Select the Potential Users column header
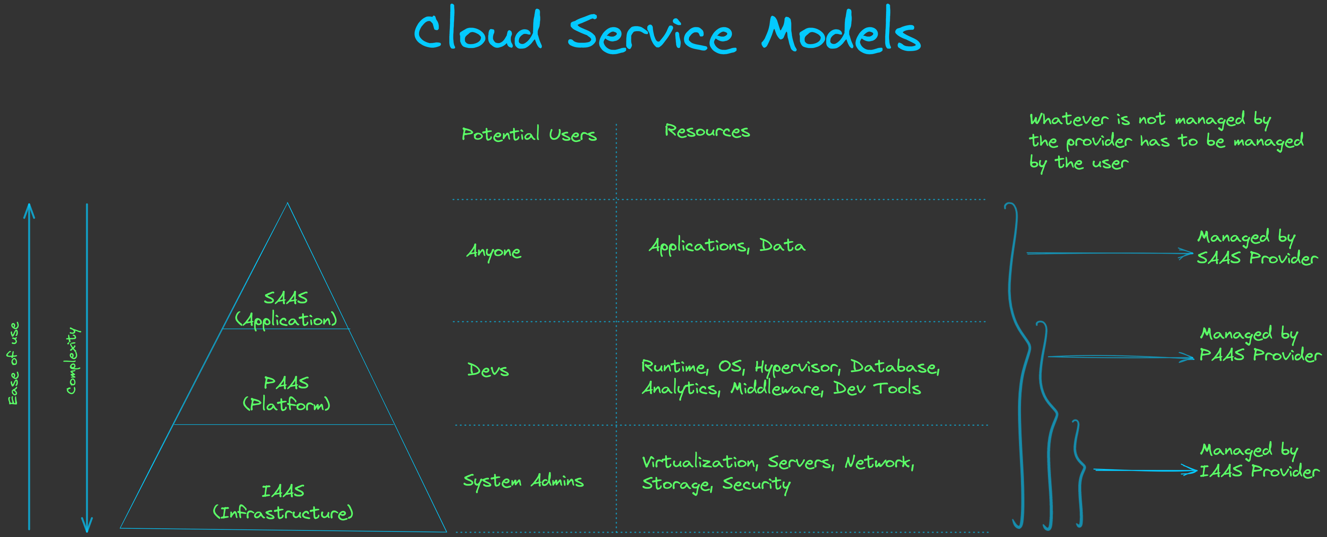[x=529, y=134]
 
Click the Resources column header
[x=707, y=131]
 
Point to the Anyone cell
[x=493, y=251]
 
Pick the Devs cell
[x=488, y=369]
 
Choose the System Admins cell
[x=523, y=481]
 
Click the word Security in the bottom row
[x=756, y=485]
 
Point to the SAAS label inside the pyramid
[x=286, y=298]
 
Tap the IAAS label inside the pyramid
[x=283, y=491]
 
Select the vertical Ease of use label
[x=13, y=363]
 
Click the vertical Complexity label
[x=72, y=361]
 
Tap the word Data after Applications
[x=782, y=246]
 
